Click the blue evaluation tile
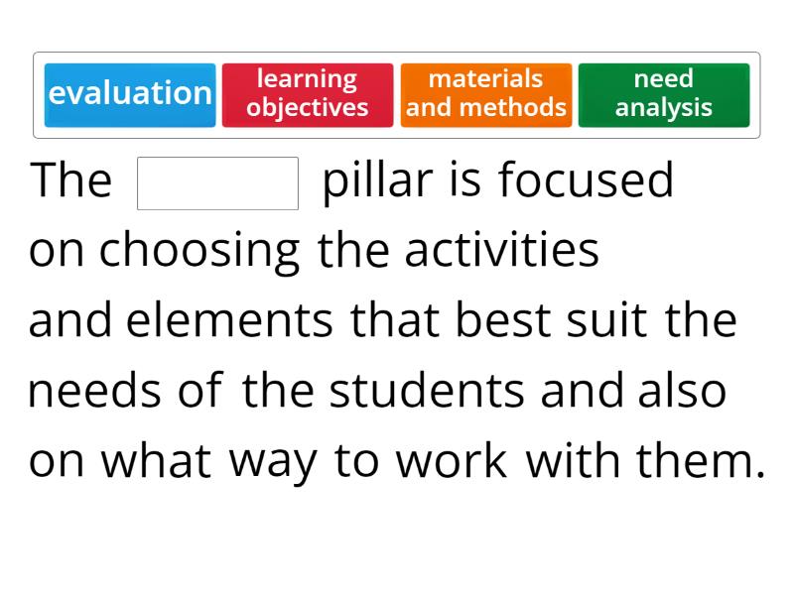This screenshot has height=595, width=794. point(130,95)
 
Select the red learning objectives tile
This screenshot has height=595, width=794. point(308,95)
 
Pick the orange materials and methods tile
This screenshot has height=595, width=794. point(486,95)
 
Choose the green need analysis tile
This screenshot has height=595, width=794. point(664,95)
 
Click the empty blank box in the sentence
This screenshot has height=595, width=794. point(217,183)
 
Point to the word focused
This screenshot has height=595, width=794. point(586,181)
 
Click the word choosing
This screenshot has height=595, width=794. point(199,253)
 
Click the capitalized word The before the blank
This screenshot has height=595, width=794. point(71,181)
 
